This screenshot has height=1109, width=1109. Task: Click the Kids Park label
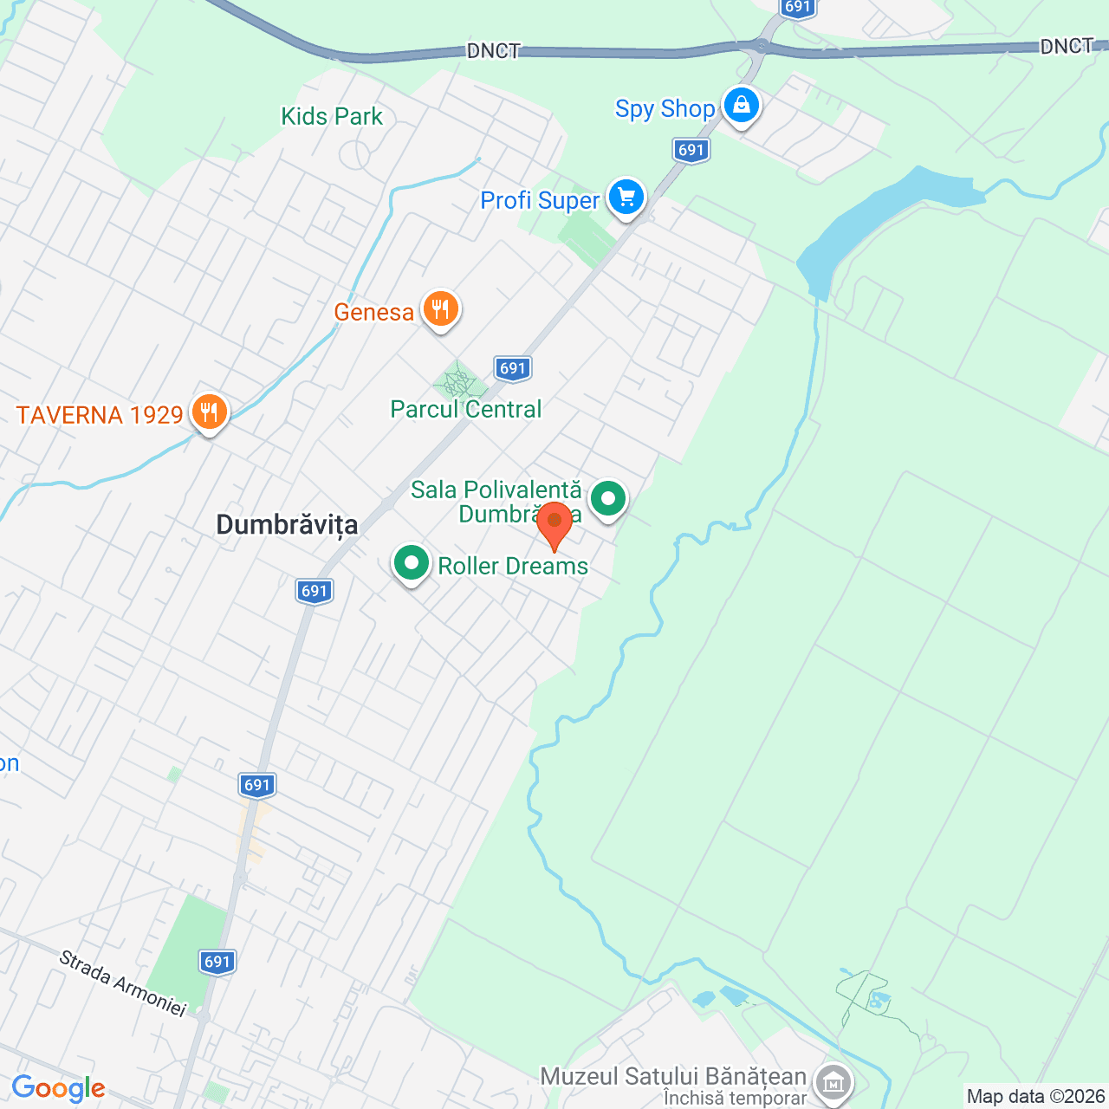(332, 116)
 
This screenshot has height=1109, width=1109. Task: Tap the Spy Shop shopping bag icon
(741, 106)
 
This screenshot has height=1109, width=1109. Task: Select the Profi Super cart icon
(626, 198)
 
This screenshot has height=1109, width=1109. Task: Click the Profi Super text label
(540, 201)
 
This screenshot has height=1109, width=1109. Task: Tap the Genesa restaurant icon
(441, 308)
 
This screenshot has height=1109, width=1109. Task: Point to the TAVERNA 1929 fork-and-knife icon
(209, 412)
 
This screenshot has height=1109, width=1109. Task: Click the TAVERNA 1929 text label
(100, 415)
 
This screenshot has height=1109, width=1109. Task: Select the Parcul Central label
(466, 409)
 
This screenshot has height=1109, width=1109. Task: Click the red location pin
(554, 523)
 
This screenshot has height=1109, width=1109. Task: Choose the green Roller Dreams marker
(412, 563)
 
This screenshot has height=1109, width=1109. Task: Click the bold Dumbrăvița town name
(287, 524)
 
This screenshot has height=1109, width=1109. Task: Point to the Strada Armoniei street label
(123, 983)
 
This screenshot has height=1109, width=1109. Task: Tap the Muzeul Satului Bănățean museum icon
(833, 1081)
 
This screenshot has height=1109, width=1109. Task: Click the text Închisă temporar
(735, 1099)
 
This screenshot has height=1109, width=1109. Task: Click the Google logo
(58, 1088)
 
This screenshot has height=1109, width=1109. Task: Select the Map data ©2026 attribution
(1036, 1097)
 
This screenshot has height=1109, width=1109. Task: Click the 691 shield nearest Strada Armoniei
(217, 961)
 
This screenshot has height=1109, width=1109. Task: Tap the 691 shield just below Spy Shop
(691, 150)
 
